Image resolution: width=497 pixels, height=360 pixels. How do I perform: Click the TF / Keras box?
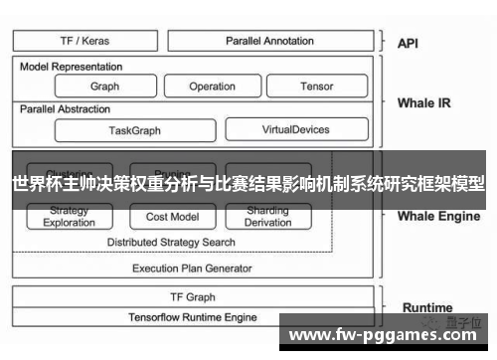[x=85, y=41]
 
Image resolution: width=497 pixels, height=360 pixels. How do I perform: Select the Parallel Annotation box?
[x=269, y=41]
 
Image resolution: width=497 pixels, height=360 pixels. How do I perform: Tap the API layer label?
[x=408, y=44]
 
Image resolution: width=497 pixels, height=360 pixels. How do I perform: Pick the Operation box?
[x=212, y=87]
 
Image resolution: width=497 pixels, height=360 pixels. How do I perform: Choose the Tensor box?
[x=316, y=87]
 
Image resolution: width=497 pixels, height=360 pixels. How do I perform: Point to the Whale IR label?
[x=423, y=102]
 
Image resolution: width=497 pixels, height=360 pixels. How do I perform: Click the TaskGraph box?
[x=133, y=129]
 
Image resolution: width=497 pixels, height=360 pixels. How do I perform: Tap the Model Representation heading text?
[x=72, y=67]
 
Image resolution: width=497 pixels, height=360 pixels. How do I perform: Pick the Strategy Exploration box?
[x=70, y=217]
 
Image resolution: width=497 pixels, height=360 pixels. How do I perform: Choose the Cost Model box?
[x=172, y=217]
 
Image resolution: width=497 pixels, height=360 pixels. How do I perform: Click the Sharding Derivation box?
[x=267, y=217]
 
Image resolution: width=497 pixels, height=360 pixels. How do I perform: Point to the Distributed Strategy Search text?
[x=171, y=242]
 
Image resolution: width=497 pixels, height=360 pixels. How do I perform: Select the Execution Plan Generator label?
[x=192, y=268]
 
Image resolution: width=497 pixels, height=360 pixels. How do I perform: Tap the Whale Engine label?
[x=438, y=216]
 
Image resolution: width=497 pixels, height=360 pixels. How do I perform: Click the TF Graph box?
[x=192, y=297]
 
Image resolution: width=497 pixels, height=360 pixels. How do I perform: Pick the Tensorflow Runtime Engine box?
[x=192, y=317]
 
